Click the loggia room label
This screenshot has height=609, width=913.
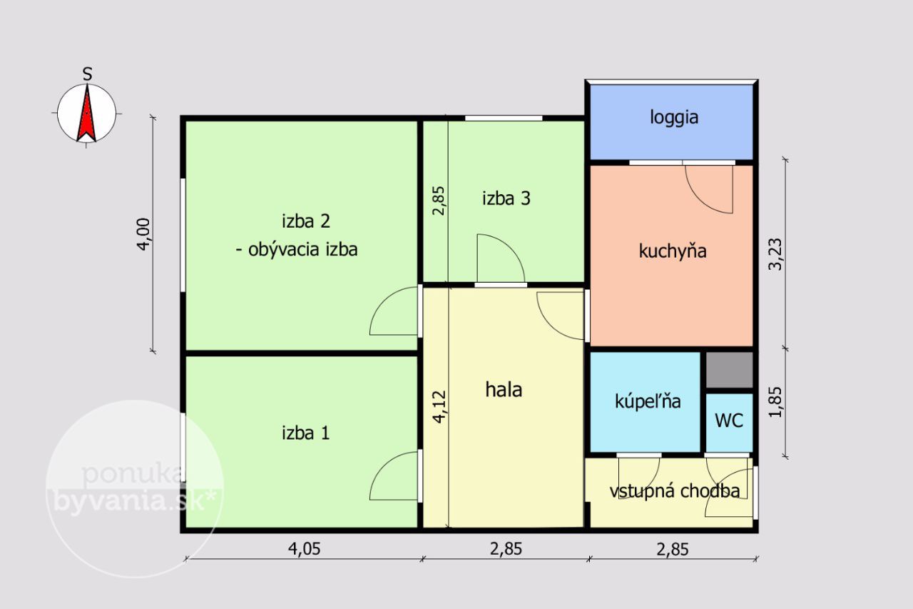click(x=674, y=118)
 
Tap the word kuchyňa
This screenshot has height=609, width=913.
click(x=673, y=251)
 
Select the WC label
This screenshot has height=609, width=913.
click(x=729, y=421)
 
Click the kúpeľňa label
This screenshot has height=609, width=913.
click(x=648, y=401)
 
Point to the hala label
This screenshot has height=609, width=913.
click(x=504, y=390)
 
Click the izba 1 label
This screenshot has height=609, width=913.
click(x=306, y=433)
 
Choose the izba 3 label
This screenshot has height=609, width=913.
click(x=506, y=198)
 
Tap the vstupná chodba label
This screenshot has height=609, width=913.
click(x=675, y=491)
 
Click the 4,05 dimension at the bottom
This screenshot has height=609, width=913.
click(x=304, y=549)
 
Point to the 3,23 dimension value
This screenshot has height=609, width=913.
click(x=775, y=254)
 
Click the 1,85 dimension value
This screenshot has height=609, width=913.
click(x=775, y=402)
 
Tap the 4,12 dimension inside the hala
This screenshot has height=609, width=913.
click(x=439, y=407)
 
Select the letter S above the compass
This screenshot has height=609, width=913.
click(x=87, y=74)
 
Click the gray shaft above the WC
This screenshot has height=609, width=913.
click(x=729, y=370)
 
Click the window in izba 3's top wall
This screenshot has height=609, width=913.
click(x=504, y=119)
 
